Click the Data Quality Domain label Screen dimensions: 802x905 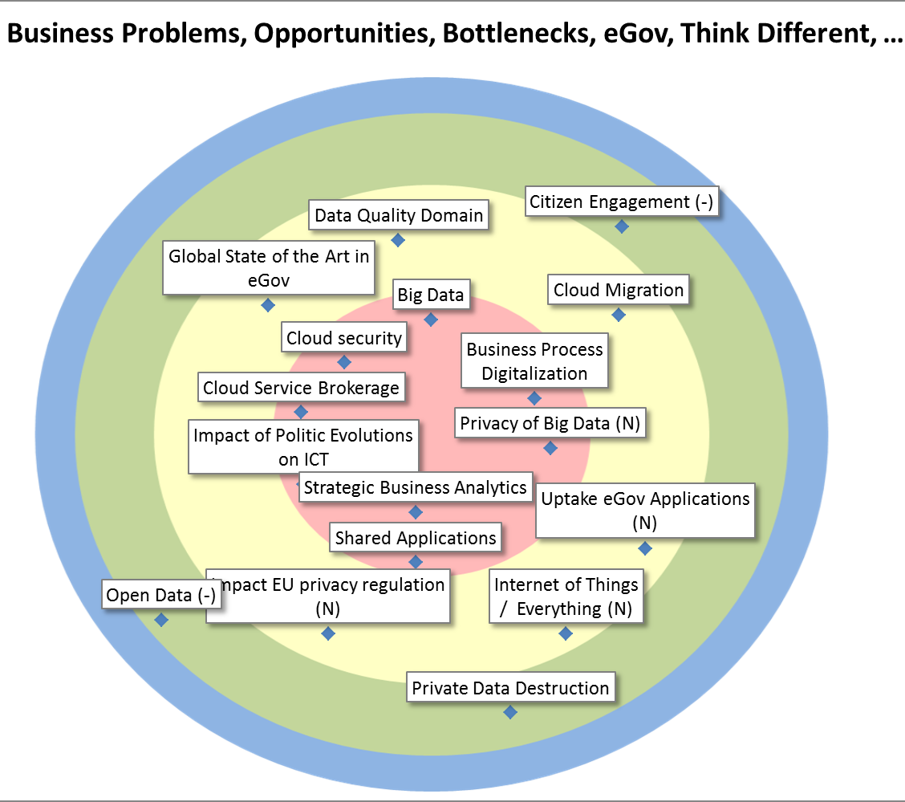pyautogui.click(x=399, y=215)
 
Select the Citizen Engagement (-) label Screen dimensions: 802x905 pyautogui.click(x=620, y=202)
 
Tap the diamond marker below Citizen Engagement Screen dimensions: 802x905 pyautogui.click(x=621, y=226)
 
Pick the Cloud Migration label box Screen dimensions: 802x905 pyautogui.click(x=619, y=290)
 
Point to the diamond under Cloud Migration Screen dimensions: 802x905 pyautogui.click(x=619, y=315)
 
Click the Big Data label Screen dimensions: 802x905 pyautogui.click(x=431, y=295)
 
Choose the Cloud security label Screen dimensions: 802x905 pyautogui.click(x=344, y=338)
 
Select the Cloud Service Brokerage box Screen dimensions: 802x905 pyautogui.click(x=301, y=388)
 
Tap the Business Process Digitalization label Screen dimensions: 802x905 pyautogui.click(x=534, y=361)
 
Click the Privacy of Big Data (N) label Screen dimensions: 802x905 pyautogui.click(x=550, y=423)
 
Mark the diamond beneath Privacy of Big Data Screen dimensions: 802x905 pyautogui.click(x=550, y=448)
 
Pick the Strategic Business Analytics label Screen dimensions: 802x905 pyautogui.click(x=416, y=487)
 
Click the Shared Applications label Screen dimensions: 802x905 pyautogui.click(x=416, y=537)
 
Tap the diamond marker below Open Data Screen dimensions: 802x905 pyautogui.click(x=161, y=620)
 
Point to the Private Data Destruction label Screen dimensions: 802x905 pyautogui.click(x=510, y=688)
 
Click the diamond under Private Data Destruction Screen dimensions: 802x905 pyautogui.click(x=509, y=712)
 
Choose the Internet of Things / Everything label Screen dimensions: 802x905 pyautogui.click(x=566, y=596)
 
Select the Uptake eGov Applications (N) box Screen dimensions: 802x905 pyautogui.click(x=645, y=511)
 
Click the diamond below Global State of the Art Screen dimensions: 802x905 pyautogui.click(x=268, y=305)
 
